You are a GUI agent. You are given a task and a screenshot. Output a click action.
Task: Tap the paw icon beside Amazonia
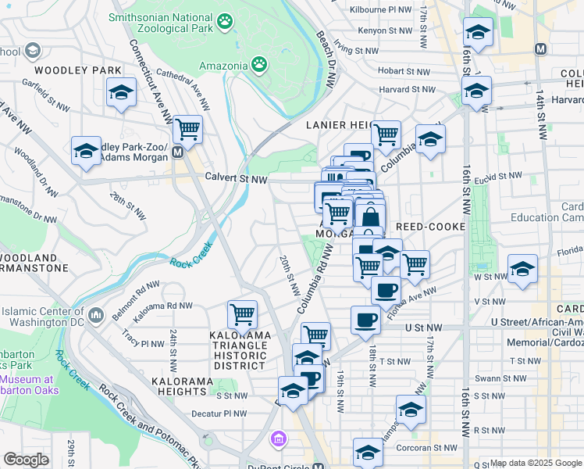(258, 65)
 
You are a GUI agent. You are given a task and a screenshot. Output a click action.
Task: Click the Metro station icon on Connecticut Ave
(179, 152)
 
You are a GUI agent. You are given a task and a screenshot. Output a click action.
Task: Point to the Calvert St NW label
(236, 180)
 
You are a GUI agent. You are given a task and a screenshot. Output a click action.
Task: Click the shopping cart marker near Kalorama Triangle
(243, 315)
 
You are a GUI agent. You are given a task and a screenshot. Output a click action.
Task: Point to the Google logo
(26, 460)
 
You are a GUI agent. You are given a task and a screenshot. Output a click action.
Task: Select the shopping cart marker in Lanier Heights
(386, 134)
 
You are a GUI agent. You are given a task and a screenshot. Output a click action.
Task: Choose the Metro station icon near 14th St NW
(539, 48)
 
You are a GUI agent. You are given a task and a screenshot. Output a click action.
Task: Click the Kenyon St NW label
(384, 30)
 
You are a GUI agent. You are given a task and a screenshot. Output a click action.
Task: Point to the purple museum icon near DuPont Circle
(276, 439)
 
